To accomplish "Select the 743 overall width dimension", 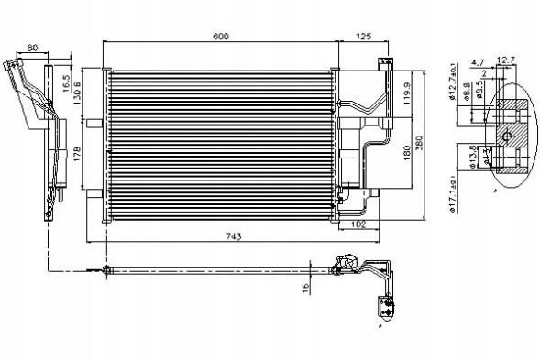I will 234,236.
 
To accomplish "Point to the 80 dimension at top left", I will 33,49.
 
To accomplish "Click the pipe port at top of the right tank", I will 383,63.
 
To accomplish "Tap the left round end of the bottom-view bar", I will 106,269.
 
